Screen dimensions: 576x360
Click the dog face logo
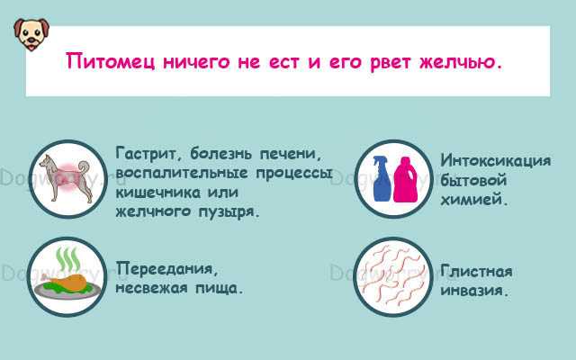(31, 34)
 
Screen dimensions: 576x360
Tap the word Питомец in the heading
(110, 61)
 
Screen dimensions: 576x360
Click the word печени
(290, 154)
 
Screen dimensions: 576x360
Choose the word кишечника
(158, 193)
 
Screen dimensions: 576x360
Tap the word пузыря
(229, 212)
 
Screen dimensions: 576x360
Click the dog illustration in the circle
(65, 178)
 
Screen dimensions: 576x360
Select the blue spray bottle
(382, 178)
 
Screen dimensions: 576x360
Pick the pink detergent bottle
(406, 180)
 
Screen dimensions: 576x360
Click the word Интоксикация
(496, 160)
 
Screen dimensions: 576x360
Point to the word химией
(474, 200)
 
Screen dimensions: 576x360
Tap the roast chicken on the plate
(66, 282)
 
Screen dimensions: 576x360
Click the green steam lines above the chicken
(67, 258)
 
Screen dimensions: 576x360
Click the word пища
(219, 288)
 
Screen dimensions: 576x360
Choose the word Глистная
(476, 271)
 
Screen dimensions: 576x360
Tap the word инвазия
(474, 291)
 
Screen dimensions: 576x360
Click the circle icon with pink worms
(393, 276)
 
